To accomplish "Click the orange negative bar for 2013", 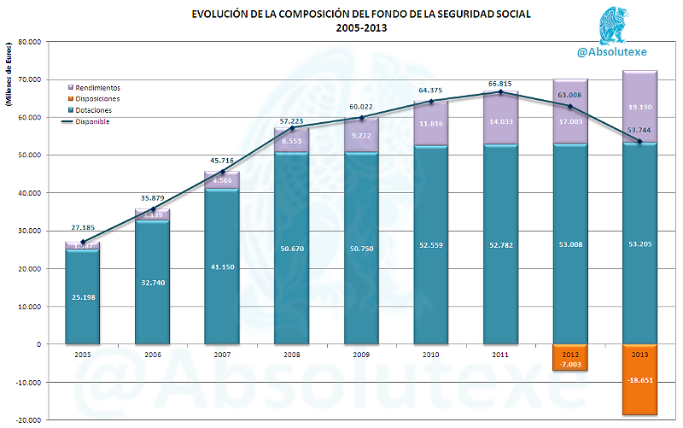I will pyautogui.click(x=639, y=380).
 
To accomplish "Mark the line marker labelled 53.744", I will pyautogui.click(x=639, y=141).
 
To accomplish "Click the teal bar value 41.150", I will pyautogui.click(x=222, y=267).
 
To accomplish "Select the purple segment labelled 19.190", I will pyautogui.click(x=639, y=108).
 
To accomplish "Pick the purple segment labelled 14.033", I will pyautogui.click(x=500, y=121).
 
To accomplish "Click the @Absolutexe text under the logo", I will pyautogui.click(x=611, y=52).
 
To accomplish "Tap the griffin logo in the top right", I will pyautogui.click(x=613, y=24).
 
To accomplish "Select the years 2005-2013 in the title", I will pyautogui.click(x=360, y=27).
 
